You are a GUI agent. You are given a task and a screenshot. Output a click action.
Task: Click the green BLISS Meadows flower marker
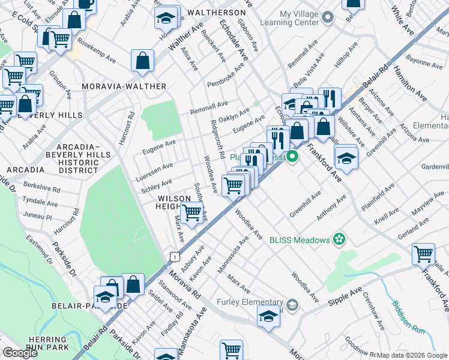(x=339, y=239)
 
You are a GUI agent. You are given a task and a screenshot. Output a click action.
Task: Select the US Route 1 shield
(x=173, y=256)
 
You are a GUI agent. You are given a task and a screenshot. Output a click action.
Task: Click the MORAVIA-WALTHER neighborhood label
(x=124, y=86)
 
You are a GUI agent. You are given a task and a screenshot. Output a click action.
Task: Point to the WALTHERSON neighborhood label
(x=216, y=12)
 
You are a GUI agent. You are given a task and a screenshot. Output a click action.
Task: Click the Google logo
(x=20, y=352)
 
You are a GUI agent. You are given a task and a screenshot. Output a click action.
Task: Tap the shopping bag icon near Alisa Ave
(x=143, y=61)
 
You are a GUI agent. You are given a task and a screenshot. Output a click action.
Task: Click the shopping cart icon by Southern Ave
(x=191, y=212)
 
